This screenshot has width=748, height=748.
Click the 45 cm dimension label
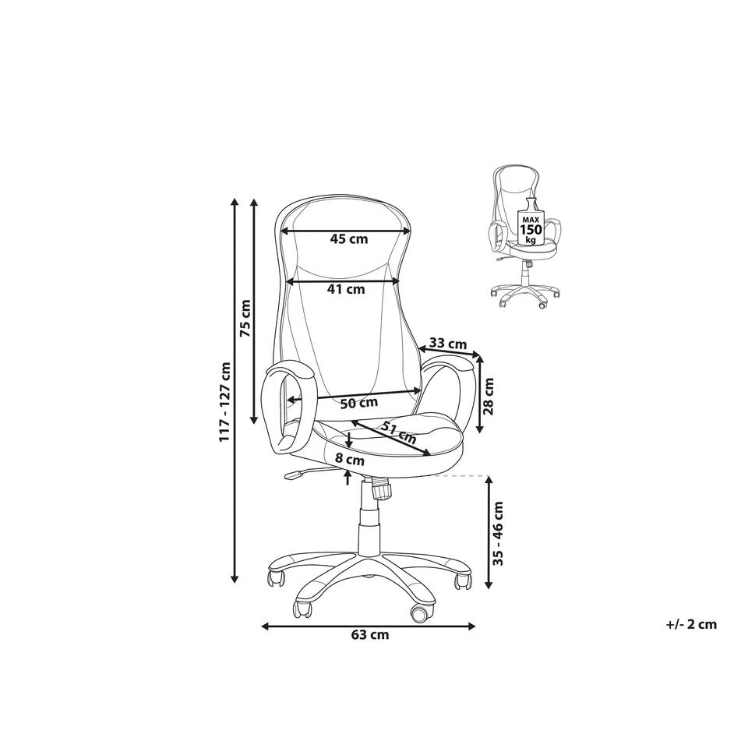click(349, 239)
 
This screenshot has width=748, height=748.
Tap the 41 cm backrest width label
click(346, 289)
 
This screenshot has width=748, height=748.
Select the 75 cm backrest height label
click(245, 318)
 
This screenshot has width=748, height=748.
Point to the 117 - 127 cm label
click(224, 401)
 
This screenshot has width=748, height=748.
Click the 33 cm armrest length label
click(448, 343)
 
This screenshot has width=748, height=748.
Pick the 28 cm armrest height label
click(489, 397)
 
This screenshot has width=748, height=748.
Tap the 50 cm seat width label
click(359, 404)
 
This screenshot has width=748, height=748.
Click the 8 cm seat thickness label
click(350, 460)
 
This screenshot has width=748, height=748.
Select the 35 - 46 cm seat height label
click(499, 533)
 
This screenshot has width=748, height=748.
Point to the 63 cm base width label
click(369, 635)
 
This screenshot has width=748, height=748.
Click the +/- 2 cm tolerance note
click(691, 624)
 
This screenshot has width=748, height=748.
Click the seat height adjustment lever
click(301, 473)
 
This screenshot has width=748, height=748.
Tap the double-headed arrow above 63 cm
click(369, 626)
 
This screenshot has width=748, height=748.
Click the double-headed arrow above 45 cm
click(345, 231)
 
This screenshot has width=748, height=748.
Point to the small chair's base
click(524, 292)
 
